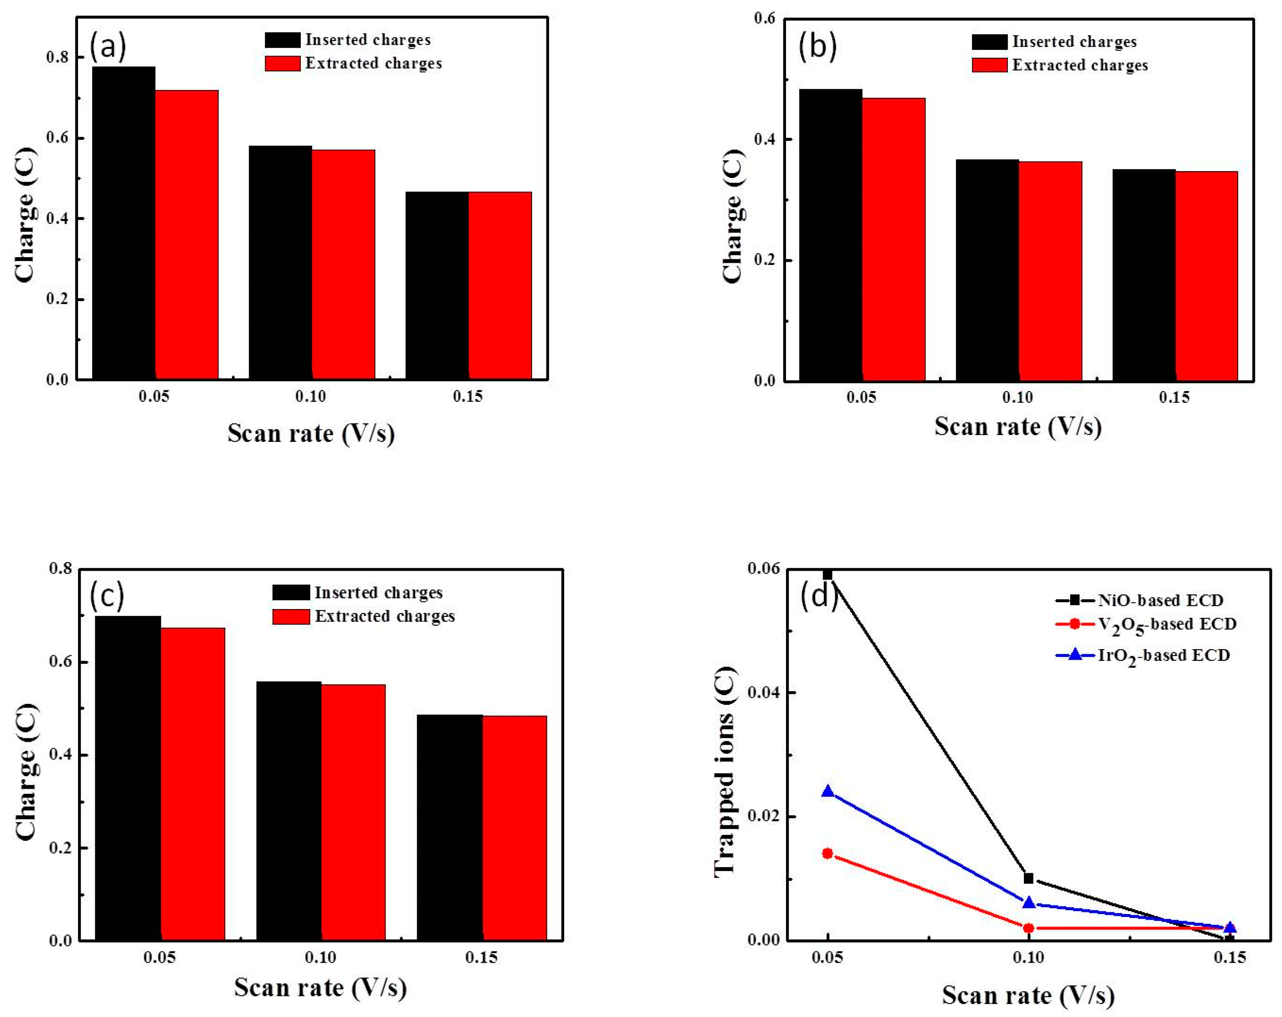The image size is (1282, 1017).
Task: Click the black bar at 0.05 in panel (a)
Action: point(124,223)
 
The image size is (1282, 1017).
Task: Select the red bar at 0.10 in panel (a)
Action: point(343,264)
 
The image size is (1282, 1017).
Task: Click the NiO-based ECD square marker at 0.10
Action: point(1028,878)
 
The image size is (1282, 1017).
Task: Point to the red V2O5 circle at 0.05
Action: point(827,853)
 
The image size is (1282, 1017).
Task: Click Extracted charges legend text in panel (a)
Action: point(374,64)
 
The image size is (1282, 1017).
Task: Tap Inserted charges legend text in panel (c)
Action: point(378,593)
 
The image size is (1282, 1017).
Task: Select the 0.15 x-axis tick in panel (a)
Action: point(468,396)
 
